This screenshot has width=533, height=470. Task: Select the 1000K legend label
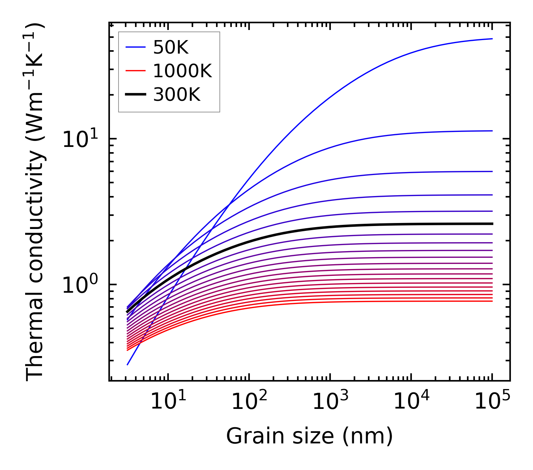182,71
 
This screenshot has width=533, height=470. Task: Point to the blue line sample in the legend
135,47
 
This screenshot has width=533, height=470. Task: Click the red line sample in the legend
135,71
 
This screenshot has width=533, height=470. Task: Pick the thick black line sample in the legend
135,94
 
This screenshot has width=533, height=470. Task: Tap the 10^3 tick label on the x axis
330,402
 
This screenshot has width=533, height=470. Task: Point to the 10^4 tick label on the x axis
411,402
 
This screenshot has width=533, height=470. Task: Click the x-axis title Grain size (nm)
309,436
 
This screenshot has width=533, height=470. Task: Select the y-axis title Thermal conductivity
36,202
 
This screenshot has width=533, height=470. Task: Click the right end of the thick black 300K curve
492,224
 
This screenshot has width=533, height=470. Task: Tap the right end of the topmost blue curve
492,39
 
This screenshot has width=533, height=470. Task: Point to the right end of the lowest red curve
492,301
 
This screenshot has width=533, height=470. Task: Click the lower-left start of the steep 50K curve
128,364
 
